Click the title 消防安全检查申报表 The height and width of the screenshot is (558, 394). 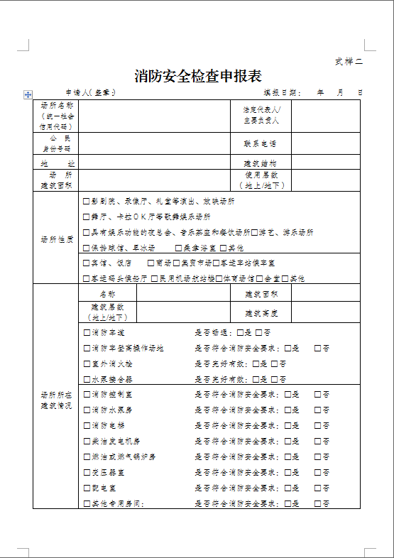click(198, 76)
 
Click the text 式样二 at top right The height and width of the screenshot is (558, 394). click(349, 61)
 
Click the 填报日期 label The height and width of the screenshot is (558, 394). click(283, 93)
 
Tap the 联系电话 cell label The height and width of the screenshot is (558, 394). click(260, 144)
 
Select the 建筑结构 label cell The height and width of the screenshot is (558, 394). click(260, 163)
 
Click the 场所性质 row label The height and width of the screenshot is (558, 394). click(57, 239)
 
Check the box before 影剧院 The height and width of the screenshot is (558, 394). click(87, 202)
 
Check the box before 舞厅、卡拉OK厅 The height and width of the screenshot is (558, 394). click(87, 217)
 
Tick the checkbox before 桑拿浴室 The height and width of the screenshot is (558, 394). click(178, 248)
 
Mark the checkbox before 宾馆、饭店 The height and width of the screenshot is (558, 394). click(87, 263)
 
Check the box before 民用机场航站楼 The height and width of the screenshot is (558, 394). click(155, 278)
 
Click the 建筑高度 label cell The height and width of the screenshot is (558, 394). click(261, 312)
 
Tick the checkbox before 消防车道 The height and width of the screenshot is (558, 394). click(87, 332)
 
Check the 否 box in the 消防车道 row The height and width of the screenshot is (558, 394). click(259, 332)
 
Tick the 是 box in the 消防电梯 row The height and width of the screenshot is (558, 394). click(288, 425)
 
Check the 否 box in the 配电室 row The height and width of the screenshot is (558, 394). click(316, 488)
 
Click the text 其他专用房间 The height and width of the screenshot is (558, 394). click(116, 504)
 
